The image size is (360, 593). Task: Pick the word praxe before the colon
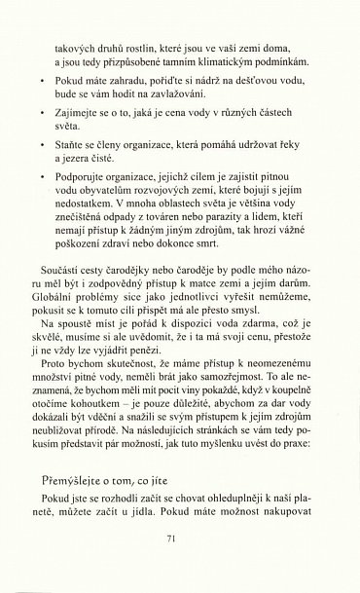tap(305, 455)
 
